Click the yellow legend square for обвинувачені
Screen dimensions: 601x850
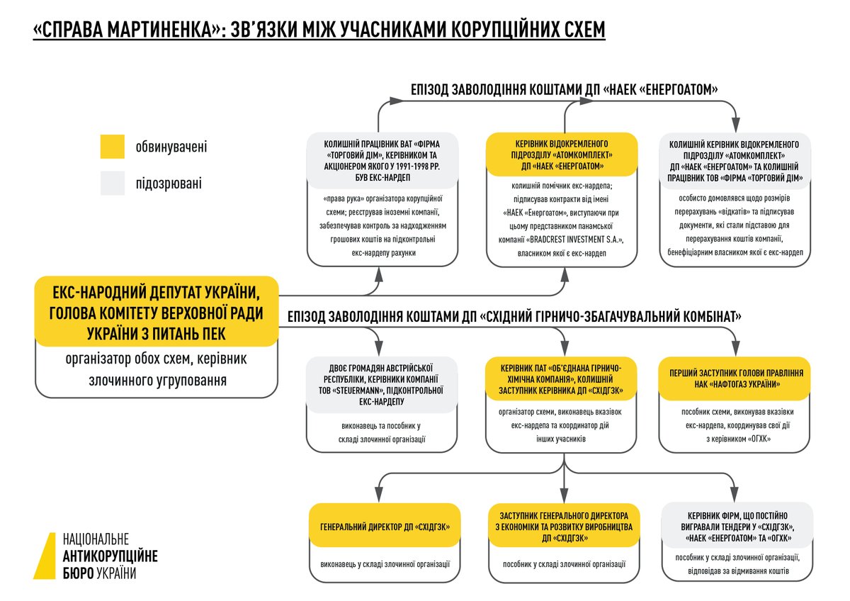(112, 147)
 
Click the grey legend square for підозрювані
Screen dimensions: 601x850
(112, 183)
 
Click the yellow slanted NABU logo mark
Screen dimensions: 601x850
(46, 556)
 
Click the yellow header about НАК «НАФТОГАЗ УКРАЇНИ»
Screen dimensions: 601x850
(735, 378)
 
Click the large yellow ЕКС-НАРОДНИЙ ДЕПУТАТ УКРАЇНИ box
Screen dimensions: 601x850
(156, 312)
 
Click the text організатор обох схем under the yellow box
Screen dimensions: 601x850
(157, 359)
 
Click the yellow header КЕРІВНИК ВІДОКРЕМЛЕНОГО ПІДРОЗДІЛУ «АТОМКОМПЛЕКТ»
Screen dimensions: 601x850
(562, 154)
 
